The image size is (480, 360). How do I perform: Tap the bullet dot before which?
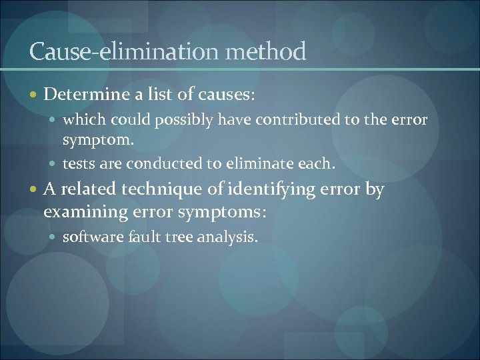pyautogui.click(x=54, y=121)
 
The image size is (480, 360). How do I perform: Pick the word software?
pyautogui.click(x=87, y=237)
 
